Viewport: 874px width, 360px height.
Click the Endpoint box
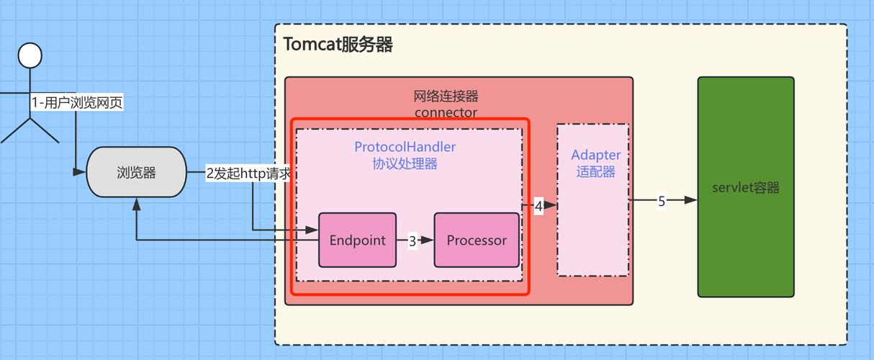click(357, 240)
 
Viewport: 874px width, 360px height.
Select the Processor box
click(476, 240)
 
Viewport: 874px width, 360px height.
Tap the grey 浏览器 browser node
click(136, 172)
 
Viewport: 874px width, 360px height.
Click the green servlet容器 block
click(745, 187)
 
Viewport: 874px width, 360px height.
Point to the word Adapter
click(595, 155)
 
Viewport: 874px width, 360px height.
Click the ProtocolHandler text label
click(405, 147)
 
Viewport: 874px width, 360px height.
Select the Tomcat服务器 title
click(338, 45)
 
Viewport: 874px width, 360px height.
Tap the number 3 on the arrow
click(413, 241)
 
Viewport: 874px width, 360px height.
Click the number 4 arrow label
click(538, 206)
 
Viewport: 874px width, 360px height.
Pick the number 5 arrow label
click(661, 202)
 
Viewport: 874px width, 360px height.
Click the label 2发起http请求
click(248, 174)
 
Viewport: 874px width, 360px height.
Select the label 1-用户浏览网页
click(76, 103)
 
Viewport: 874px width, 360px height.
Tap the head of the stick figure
click(30, 55)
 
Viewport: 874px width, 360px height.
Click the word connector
click(446, 112)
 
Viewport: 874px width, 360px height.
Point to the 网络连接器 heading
click(446, 96)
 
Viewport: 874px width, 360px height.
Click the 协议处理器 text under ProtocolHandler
click(405, 163)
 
